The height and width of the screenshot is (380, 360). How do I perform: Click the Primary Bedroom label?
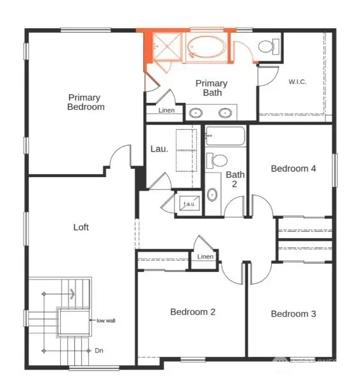(85, 102)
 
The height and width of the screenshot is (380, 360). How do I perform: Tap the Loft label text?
(81, 227)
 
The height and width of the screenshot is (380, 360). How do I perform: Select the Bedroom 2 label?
(192, 312)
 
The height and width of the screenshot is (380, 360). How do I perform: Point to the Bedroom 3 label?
(293, 313)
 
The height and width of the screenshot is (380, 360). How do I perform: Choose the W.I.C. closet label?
(298, 81)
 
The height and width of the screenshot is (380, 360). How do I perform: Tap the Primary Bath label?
(211, 88)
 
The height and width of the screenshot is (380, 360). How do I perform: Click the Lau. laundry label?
(159, 149)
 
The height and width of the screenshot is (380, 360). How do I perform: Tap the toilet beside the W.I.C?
(268, 46)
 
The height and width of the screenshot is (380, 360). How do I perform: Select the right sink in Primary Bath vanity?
(225, 113)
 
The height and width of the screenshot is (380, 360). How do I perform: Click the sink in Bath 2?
(212, 194)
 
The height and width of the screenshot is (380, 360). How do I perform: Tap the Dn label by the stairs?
(98, 350)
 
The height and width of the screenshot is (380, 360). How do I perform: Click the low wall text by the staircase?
(106, 320)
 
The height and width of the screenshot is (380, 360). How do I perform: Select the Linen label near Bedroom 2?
(205, 257)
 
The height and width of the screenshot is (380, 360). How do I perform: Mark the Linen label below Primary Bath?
(165, 111)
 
